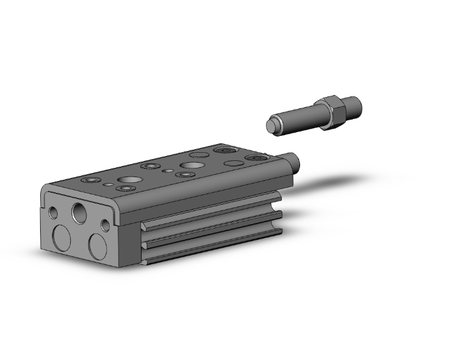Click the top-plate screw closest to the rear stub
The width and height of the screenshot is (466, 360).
pyautogui.click(x=257, y=158)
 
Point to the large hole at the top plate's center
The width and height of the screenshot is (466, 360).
pyautogui.click(x=188, y=165)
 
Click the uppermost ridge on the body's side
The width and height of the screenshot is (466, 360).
pyautogui.click(x=207, y=210)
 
